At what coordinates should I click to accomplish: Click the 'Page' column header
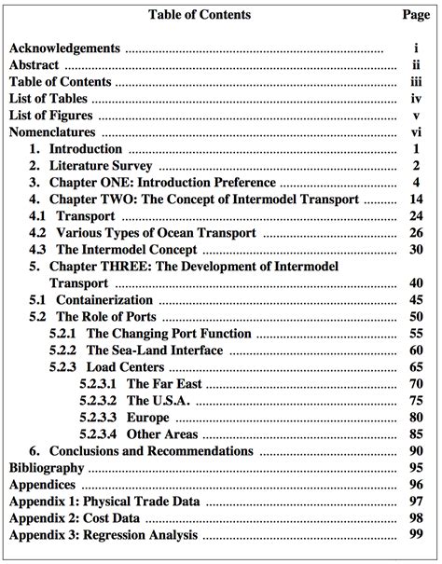coord(415,15)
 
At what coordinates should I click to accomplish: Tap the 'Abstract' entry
coord(35,65)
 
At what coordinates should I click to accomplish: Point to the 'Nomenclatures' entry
coord(51,131)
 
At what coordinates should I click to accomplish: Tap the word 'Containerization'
coord(104,300)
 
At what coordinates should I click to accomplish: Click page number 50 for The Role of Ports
coord(416,317)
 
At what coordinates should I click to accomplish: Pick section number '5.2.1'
coord(63,334)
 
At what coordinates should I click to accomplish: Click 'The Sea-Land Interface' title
coord(155,351)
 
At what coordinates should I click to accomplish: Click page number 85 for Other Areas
coord(416,434)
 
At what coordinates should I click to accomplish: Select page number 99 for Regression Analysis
coord(416,535)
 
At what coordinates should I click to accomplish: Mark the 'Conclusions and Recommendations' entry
coord(150,451)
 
